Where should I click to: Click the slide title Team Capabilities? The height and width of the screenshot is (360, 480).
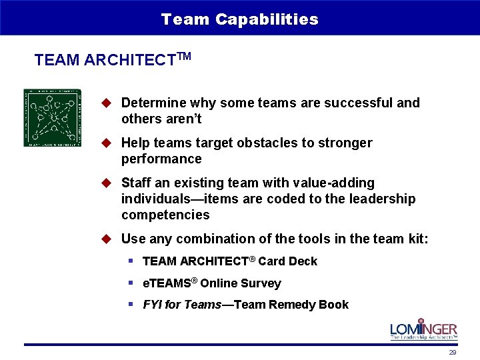[239, 19]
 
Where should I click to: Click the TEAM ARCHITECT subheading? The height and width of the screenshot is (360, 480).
[112, 59]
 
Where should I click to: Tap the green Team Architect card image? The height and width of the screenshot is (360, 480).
[52, 117]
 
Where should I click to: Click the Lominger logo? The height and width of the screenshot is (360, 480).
[423, 329]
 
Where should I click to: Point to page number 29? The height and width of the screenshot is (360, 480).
[452, 352]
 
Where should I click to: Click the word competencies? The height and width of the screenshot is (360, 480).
[165, 215]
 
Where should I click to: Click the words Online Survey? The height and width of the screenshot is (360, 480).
[241, 283]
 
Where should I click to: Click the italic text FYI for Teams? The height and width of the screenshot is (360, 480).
[181, 305]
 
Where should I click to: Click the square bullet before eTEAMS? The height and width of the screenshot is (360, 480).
[132, 283]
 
